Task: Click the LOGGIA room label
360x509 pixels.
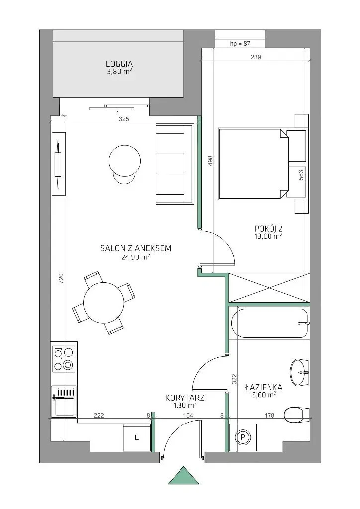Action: point(119,64)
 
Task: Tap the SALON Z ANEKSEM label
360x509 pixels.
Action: point(136,249)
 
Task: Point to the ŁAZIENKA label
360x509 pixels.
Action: point(264,387)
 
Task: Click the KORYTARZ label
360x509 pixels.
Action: point(185,398)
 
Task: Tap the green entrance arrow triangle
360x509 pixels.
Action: point(184,476)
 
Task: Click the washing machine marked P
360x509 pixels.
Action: point(243,437)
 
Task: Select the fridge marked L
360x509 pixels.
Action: point(137,437)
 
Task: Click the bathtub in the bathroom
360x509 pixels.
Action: point(270,323)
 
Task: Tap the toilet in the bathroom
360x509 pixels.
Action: point(296,414)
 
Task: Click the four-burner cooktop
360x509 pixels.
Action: point(64,358)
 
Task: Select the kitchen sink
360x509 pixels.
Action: point(64,401)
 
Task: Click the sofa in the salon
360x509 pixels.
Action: point(175,164)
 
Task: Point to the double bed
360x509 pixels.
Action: point(253,164)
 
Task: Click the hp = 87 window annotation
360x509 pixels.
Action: point(240,44)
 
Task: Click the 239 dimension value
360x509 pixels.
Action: point(256,57)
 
